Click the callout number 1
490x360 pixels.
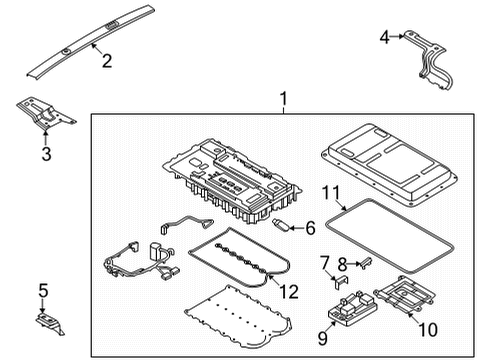pyautogui.click(x=283, y=100)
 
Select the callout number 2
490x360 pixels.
pyautogui.click(x=106, y=62)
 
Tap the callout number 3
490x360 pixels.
pyautogui.click(x=45, y=153)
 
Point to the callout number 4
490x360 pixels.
pyautogui.click(x=384, y=38)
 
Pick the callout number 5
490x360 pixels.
pyautogui.click(x=41, y=291)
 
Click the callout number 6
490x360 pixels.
pyautogui.click(x=310, y=228)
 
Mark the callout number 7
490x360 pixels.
pyautogui.click(x=324, y=262)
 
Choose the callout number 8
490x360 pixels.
pyautogui.click(x=343, y=266)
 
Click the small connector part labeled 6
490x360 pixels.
pyautogui.click(x=283, y=227)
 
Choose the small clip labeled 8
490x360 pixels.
pyautogui.click(x=362, y=262)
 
